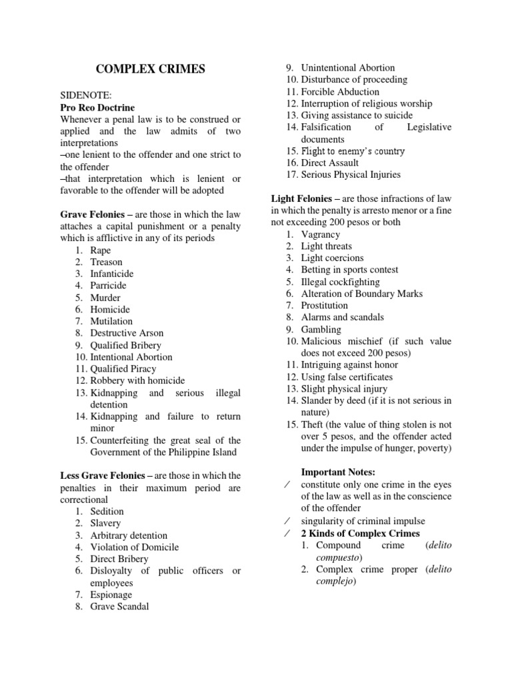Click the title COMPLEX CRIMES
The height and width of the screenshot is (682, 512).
[x=151, y=69]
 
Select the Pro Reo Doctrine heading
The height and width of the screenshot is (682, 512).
[x=97, y=107]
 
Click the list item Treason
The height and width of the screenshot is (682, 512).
[x=107, y=262]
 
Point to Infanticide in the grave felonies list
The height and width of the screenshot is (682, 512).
[x=112, y=274]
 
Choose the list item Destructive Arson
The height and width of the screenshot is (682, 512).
[x=127, y=333]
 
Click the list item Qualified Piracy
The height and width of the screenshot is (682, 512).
[x=123, y=368]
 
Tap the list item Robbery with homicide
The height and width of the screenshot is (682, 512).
[x=137, y=380]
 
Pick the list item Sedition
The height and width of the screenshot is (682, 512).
[x=107, y=511]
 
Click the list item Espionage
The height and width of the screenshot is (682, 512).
[x=111, y=594]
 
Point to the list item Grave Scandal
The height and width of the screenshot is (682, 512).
[x=120, y=606]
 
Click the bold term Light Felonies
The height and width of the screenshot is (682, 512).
[x=303, y=198]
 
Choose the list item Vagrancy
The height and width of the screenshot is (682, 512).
[x=320, y=234]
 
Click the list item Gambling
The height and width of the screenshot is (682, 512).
[x=321, y=329]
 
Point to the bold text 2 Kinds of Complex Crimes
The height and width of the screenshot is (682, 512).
[x=361, y=533]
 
